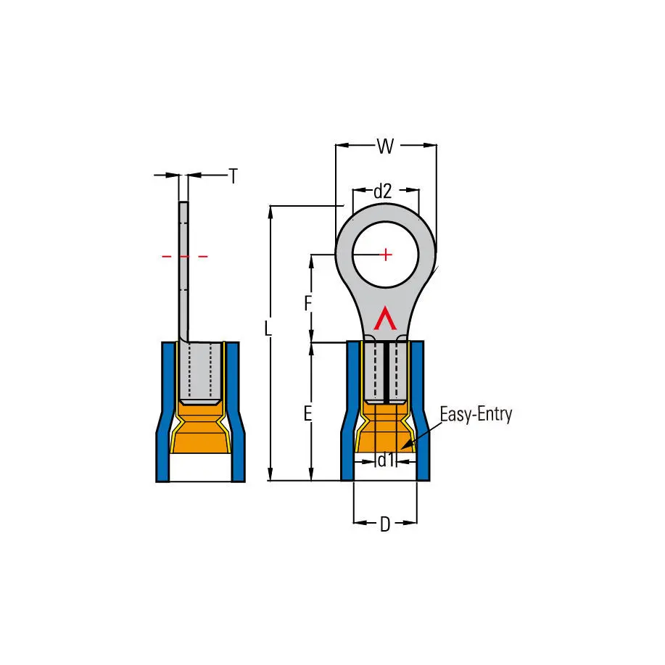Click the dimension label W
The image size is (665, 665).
pyautogui.click(x=386, y=146)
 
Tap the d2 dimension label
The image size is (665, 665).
pyautogui.click(x=383, y=191)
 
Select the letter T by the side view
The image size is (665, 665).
pyautogui.click(x=234, y=176)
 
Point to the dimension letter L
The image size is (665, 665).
pyautogui.click(x=268, y=329)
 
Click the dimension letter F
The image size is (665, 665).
pyautogui.click(x=308, y=303)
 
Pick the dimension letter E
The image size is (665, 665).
pyautogui.click(x=308, y=413)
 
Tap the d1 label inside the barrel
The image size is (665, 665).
pyautogui.click(x=386, y=460)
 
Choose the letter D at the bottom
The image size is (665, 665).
pyautogui.click(x=385, y=524)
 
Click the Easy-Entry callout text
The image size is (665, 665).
pyautogui.click(x=476, y=414)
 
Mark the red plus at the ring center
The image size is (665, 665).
pyautogui.click(x=386, y=255)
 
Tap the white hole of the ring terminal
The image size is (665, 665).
pyautogui.click(x=386, y=255)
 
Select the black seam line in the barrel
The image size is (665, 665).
pyautogui.click(x=387, y=373)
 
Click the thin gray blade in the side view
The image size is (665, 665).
pyautogui.click(x=183, y=271)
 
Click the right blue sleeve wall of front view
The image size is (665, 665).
pyautogui.click(x=421, y=410)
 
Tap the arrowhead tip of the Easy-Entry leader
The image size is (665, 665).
pyautogui.click(x=402, y=448)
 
